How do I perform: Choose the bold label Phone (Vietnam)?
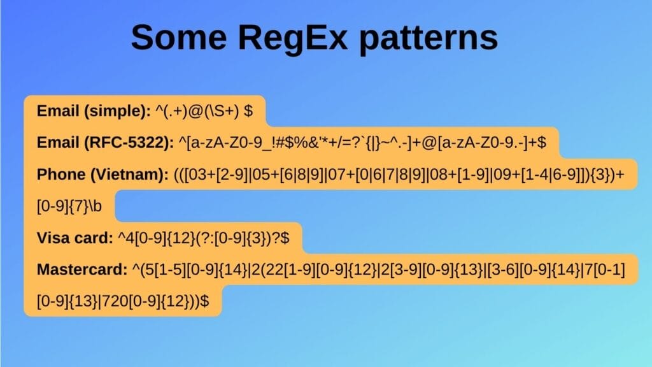101,175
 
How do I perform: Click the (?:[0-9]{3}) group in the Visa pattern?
242,238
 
